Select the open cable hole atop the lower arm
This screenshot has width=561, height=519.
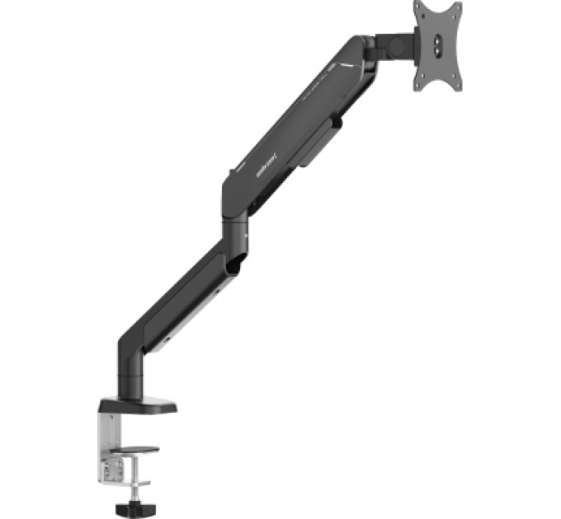coord(233,264)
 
